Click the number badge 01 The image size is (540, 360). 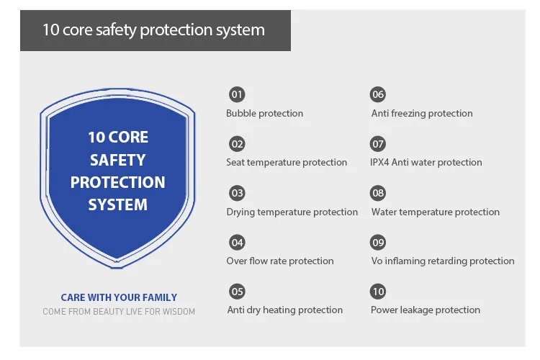pyautogui.click(x=237, y=94)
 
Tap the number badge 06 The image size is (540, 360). pyautogui.click(x=378, y=94)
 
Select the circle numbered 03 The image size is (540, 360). pyautogui.click(x=237, y=193)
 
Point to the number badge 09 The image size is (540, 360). pyautogui.click(x=378, y=242)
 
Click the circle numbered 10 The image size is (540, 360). pyautogui.click(x=378, y=292)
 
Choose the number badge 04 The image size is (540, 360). pyautogui.click(x=237, y=242)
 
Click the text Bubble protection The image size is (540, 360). pyautogui.click(x=264, y=113)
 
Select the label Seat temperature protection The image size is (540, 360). pyautogui.click(x=287, y=162)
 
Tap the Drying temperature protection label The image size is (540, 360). pyautogui.click(x=292, y=212)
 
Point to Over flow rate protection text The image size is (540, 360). pyautogui.click(x=280, y=261)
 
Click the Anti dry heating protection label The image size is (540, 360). pyautogui.click(x=285, y=310)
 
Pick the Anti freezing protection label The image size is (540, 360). pyautogui.click(x=422, y=113)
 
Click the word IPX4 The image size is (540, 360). pyautogui.click(x=379, y=162)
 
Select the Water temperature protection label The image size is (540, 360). pyautogui.click(x=435, y=212)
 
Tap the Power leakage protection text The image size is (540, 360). pyautogui.click(x=426, y=310)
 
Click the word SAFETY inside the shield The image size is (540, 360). pyautogui.click(x=117, y=160)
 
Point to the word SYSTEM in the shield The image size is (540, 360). pyautogui.click(x=117, y=204)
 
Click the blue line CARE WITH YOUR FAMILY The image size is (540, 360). pyautogui.click(x=119, y=297)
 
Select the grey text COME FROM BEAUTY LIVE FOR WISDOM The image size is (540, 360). pyautogui.click(x=119, y=312)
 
